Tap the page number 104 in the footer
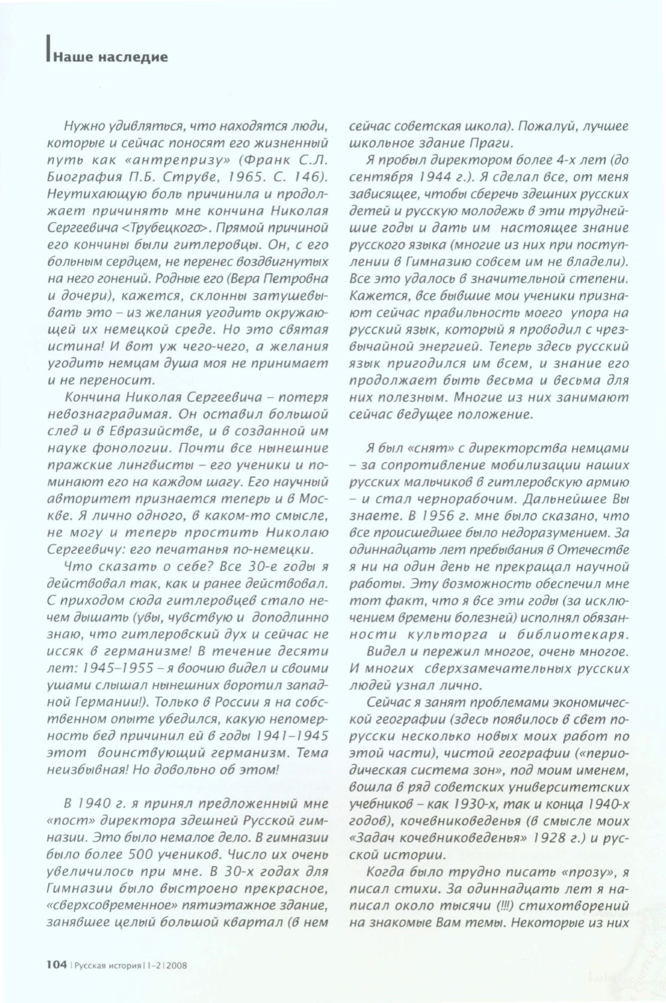57,965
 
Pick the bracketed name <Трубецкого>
166,228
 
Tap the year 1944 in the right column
438,178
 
